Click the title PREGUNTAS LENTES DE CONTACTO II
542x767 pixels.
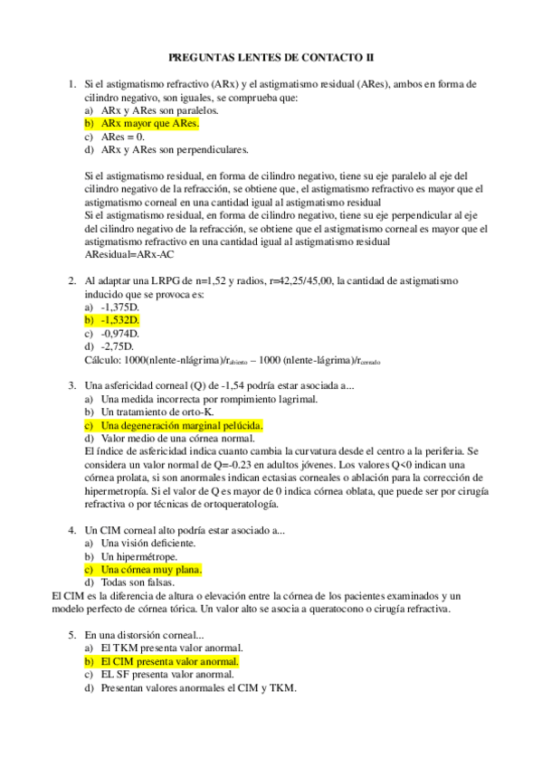click(271, 57)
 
